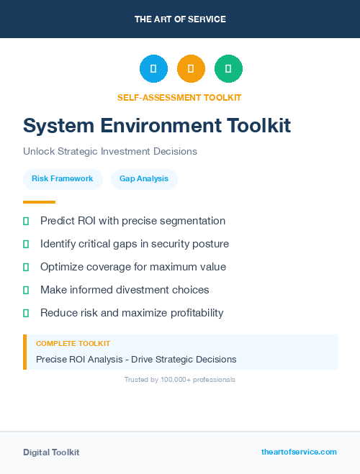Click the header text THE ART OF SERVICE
(x=180, y=19)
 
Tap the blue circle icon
(x=153, y=68)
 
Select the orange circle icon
(x=191, y=68)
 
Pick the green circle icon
(x=229, y=68)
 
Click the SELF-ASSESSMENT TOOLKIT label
(x=179, y=97)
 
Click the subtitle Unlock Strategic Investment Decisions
(x=110, y=152)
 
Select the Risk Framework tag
(x=63, y=178)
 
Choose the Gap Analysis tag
(x=144, y=178)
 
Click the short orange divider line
(x=39, y=202)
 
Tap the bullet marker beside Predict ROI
(x=26, y=221)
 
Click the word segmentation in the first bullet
(x=195, y=221)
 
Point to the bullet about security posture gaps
(x=135, y=244)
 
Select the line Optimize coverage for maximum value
(x=133, y=267)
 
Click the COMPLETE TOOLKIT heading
(x=73, y=344)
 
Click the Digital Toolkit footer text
(x=51, y=452)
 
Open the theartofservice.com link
(x=299, y=452)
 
